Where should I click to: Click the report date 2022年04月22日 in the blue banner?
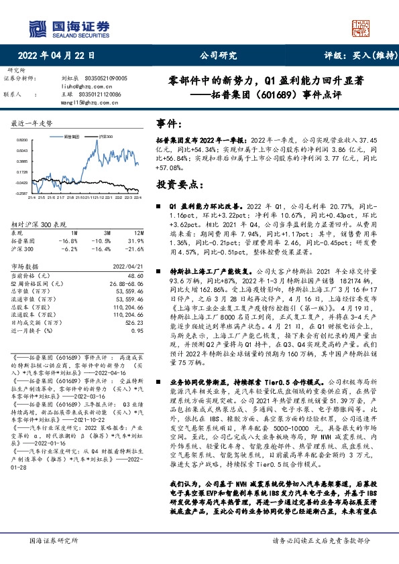56,56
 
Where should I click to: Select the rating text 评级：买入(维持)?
353,56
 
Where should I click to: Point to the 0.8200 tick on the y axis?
21,140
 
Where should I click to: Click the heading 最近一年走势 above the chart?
32,125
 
